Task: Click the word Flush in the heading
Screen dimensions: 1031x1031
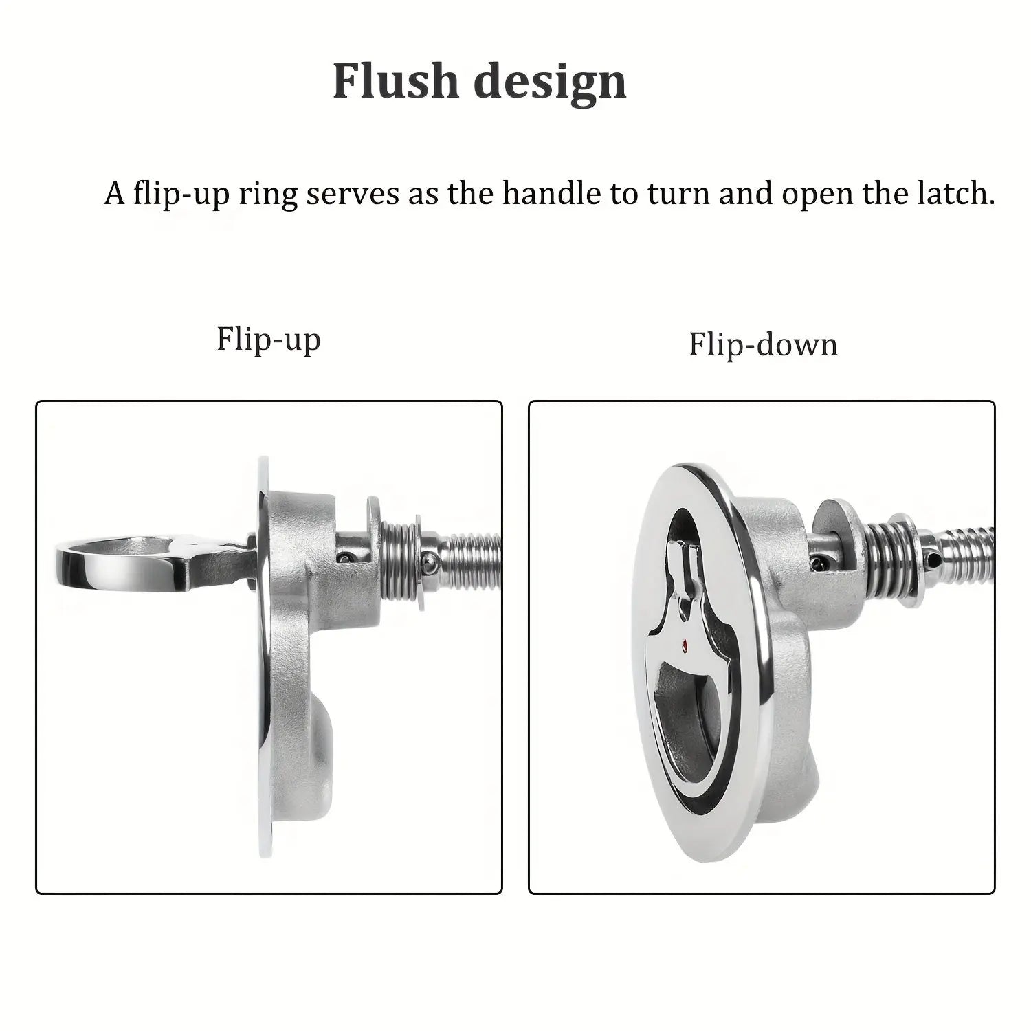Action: (395, 81)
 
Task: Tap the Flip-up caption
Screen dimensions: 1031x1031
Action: (268, 339)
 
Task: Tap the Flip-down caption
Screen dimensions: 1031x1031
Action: (763, 344)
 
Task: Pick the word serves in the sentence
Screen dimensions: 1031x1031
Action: (352, 195)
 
